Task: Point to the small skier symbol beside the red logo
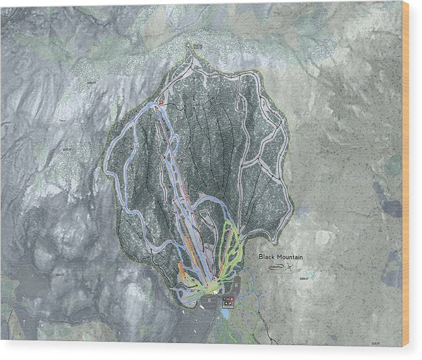pos(291,267)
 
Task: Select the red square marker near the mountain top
pos(161,103)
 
